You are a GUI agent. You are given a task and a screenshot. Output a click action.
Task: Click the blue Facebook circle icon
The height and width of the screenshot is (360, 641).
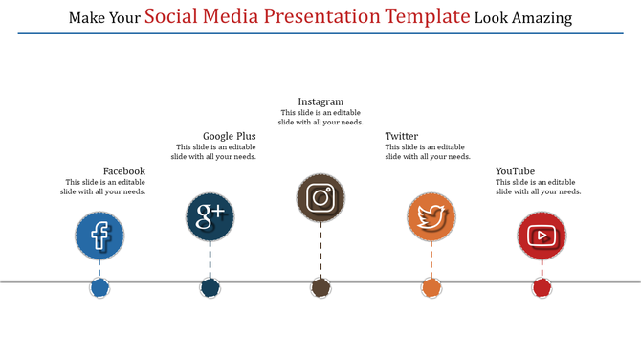click(x=99, y=236)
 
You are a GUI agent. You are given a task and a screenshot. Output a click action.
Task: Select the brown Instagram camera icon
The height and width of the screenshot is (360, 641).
click(x=320, y=198)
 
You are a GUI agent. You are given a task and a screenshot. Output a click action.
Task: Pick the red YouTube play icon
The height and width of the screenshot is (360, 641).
click(x=542, y=236)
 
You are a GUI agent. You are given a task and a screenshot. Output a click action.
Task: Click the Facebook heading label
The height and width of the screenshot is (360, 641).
click(x=124, y=171)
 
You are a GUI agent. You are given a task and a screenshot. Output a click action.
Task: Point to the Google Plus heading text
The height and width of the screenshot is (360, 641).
click(x=230, y=136)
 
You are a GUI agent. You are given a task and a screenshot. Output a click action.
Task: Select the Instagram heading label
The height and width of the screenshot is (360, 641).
click(x=320, y=101)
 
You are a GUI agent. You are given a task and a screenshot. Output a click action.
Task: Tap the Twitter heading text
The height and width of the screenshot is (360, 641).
click(x=402, y=136)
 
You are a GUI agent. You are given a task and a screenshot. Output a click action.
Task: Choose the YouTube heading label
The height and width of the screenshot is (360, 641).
click(x=516, y=171)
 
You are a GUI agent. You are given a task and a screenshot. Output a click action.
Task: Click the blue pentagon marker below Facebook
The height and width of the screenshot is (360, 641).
click(x=99, y=287)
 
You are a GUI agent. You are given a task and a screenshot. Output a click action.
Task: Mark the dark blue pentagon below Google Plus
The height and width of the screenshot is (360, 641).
click(x=210, y=287)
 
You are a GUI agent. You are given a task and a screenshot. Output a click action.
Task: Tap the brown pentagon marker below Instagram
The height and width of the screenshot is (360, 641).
click(x=320, y=287)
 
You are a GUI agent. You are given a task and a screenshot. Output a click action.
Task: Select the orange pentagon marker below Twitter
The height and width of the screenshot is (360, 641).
click(x=431, y=287)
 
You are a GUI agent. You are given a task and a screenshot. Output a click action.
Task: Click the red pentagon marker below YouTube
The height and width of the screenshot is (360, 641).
click(x=542, y=287)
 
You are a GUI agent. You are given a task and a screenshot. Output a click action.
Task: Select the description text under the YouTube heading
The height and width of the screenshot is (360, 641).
click(x=538, y=187)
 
